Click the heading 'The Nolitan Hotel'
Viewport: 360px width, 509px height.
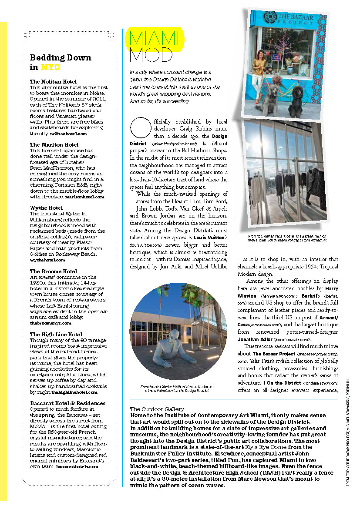point(53,81)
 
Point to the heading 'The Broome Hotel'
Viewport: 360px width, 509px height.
point(53,271)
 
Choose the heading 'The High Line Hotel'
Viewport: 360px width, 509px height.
point(56,334)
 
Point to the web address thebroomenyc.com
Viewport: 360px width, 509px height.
point(50,323)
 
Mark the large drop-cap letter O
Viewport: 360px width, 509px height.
point(138,125)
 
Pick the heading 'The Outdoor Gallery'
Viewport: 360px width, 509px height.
point(157,409)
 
